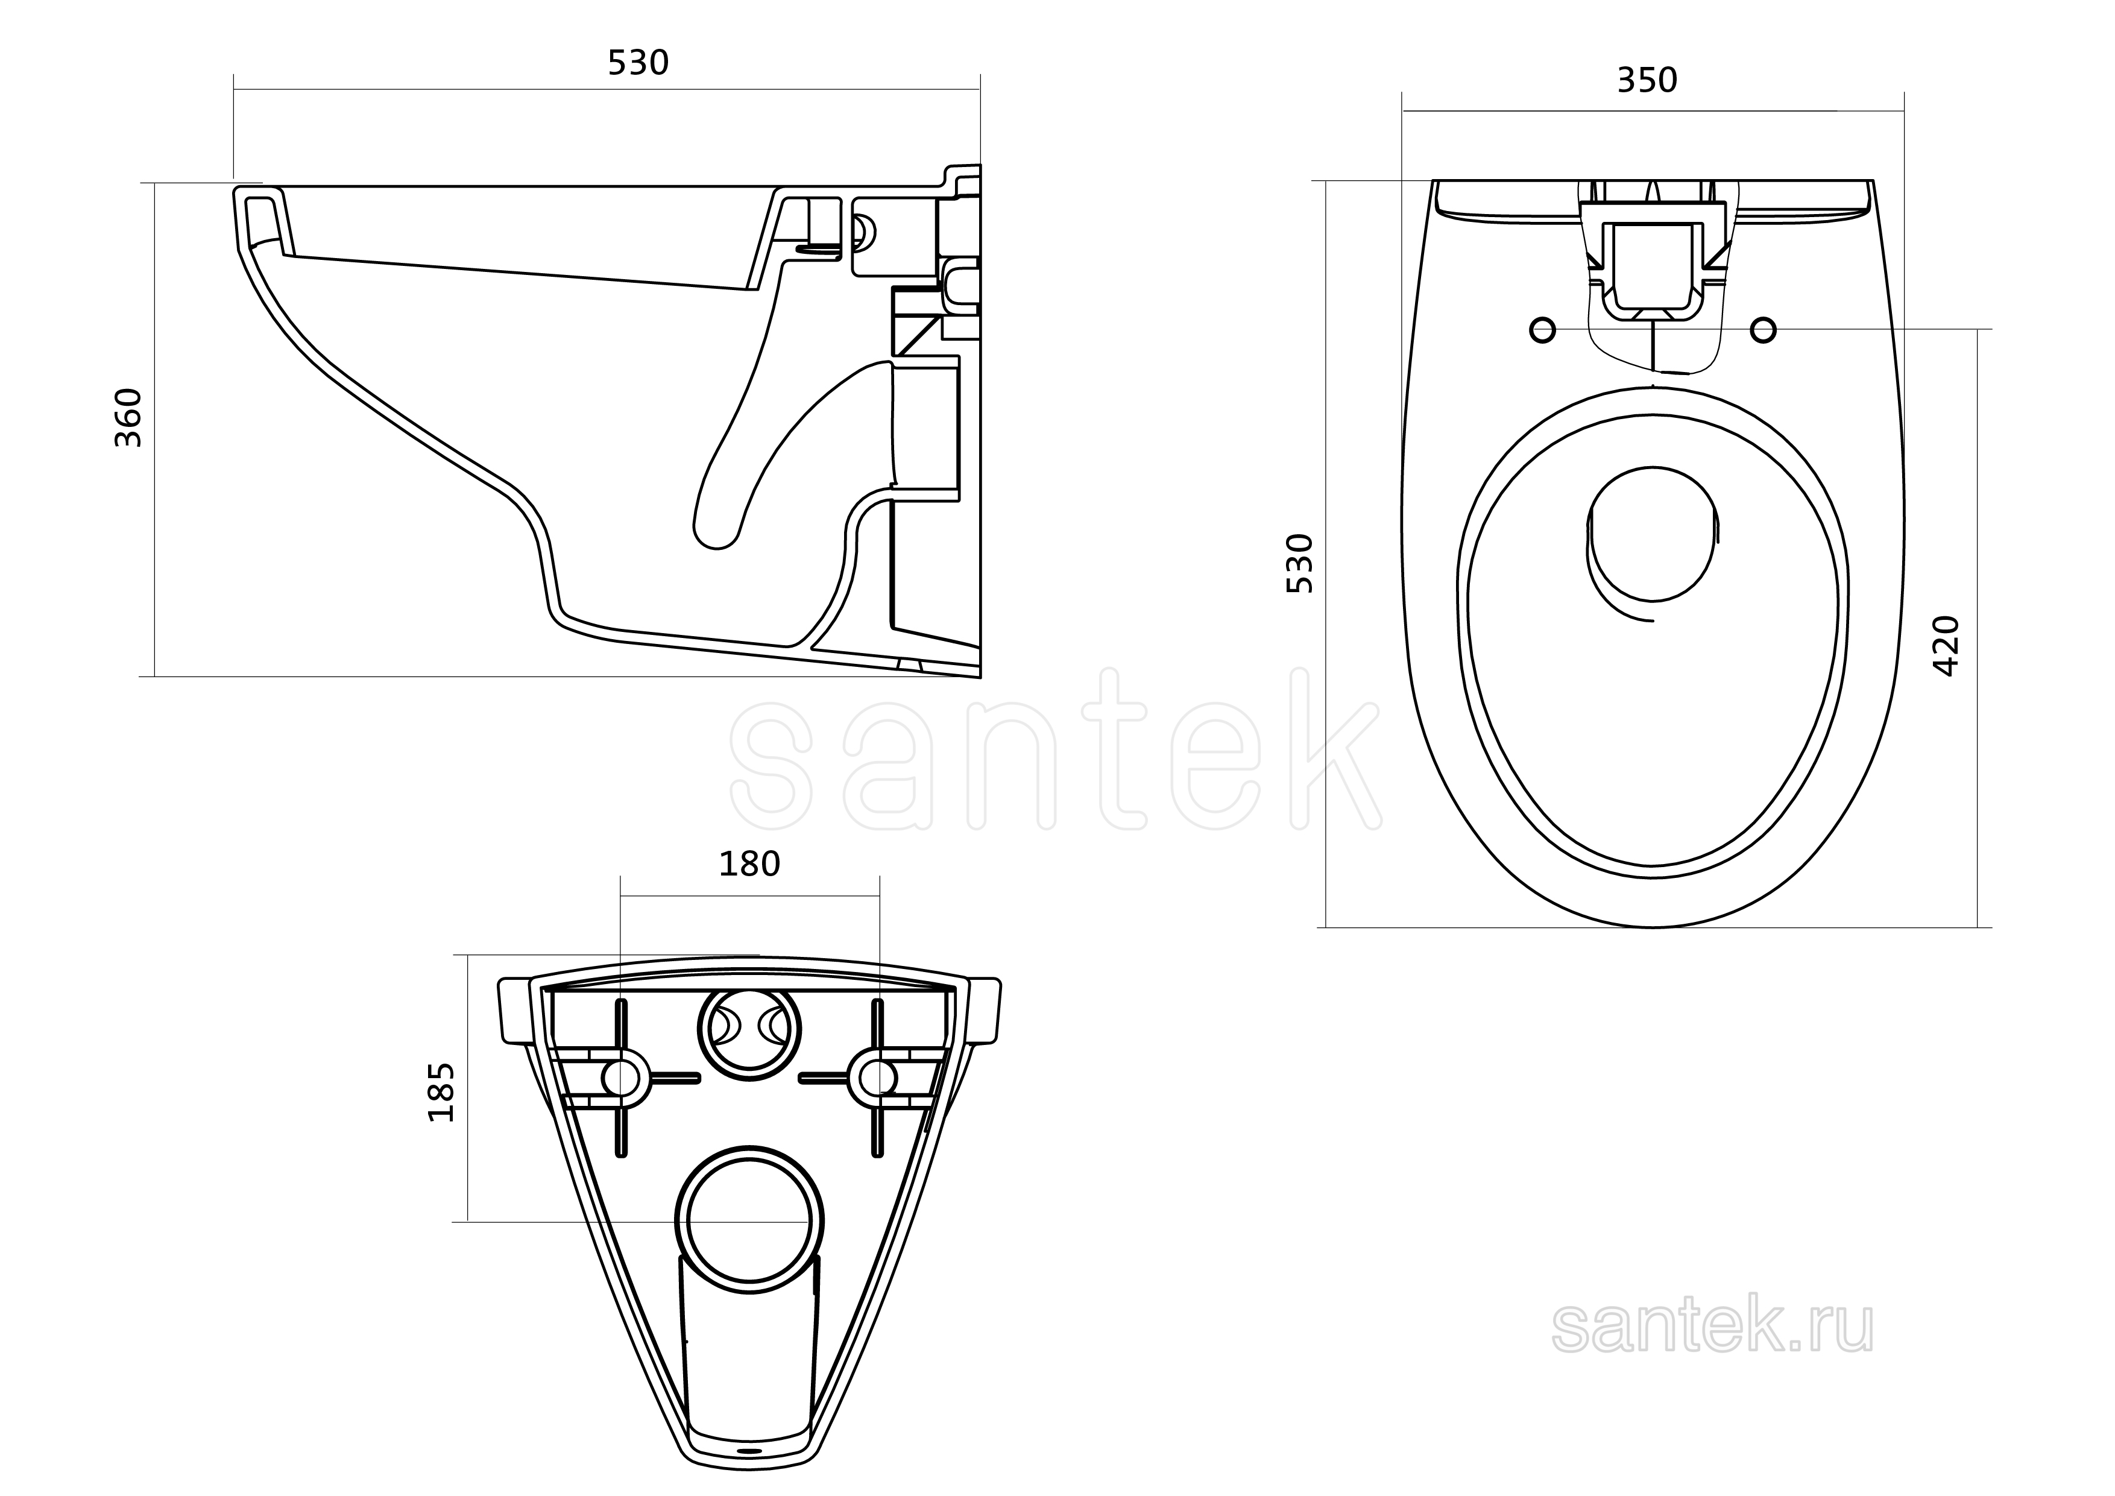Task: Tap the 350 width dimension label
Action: tap(1647, 81)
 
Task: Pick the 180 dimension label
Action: tap(749, 864)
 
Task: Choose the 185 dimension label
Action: tap(441, 1093)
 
